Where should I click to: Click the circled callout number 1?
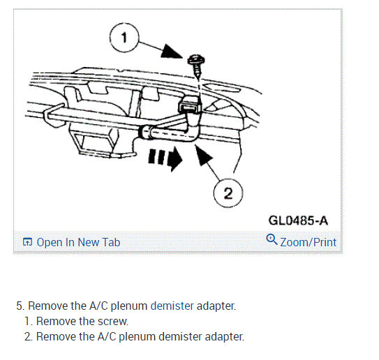124,38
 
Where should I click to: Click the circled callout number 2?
228,193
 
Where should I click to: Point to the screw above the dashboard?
196,66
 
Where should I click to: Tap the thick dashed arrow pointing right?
165,158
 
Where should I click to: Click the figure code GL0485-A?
298,220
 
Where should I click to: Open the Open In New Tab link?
78,242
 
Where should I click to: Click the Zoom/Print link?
309,242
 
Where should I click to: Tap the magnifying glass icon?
272,239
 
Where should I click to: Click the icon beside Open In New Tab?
27,241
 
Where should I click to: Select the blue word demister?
172,306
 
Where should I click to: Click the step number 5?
20,306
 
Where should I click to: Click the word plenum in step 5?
129,306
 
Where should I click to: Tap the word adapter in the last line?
224,337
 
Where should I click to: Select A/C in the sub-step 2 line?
107,336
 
